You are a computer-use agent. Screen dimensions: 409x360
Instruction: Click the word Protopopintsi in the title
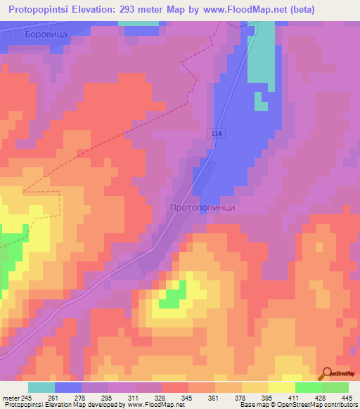click(x=43, y=9)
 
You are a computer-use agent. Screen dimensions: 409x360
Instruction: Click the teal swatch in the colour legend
click(x=41, y=387)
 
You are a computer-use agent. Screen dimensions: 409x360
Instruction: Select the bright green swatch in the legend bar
click(x=308, y=387)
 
